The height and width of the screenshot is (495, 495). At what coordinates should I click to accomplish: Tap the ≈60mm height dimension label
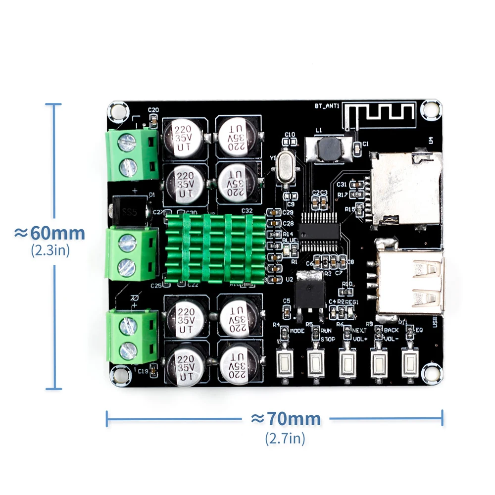pos(49,233)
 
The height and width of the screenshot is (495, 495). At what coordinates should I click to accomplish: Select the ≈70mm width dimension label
pos(286,419)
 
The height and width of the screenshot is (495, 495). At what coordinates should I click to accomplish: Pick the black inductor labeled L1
pos(327,149)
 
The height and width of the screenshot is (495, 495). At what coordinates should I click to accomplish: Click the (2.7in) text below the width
pos(285,438)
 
